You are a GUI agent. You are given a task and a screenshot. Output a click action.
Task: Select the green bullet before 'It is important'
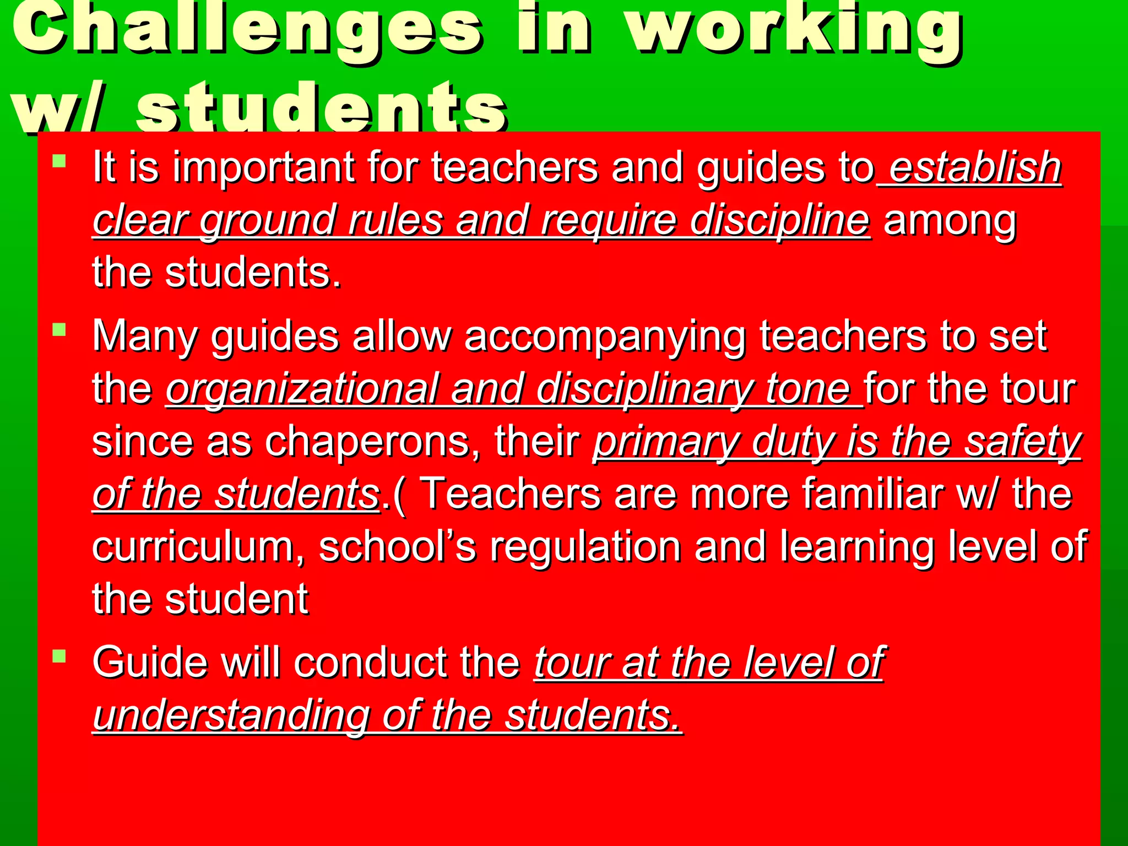pos(59,161)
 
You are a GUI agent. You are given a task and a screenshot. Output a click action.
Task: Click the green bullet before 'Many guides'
pos(59,329)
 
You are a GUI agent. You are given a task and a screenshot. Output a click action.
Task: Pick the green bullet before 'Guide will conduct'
pos(59,656)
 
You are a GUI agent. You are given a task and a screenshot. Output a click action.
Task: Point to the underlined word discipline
pos(780,220)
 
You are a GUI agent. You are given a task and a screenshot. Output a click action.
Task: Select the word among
pos(950,220)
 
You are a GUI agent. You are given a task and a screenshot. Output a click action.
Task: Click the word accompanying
pos(605,336)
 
